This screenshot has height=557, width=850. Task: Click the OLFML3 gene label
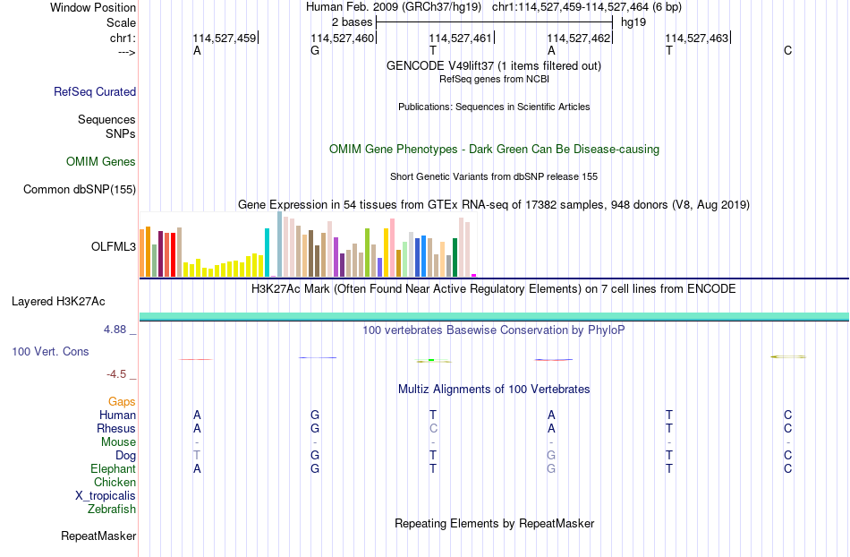[114, 247]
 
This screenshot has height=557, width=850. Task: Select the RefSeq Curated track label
[95, 91]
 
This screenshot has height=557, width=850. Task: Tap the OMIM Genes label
[101, 161]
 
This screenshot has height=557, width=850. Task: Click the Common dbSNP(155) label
[80, 189]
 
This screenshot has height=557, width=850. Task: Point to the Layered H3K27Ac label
[58, 302]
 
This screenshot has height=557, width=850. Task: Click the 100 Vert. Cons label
[50, 351]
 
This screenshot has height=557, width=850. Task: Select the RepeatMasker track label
[98, 536]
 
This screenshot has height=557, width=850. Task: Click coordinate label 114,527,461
[460, 38]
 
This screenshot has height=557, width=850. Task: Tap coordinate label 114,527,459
[224, 38]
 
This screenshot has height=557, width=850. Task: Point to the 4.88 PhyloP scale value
[115, 330]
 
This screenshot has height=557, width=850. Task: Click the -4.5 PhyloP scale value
[116, 374]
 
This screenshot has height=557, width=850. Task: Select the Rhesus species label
[116, 428]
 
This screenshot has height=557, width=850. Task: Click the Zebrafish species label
[112, 510]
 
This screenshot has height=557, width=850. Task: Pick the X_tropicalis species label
[106, 496]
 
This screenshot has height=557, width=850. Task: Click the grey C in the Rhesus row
[433, 428]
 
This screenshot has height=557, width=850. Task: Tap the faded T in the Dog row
[197, 456]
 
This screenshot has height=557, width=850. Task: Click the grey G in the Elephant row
[551, 468]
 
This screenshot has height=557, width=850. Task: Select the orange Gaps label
[122, 401]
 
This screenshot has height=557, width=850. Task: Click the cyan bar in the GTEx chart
[267, 253]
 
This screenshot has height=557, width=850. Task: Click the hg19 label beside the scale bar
[633, 22]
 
